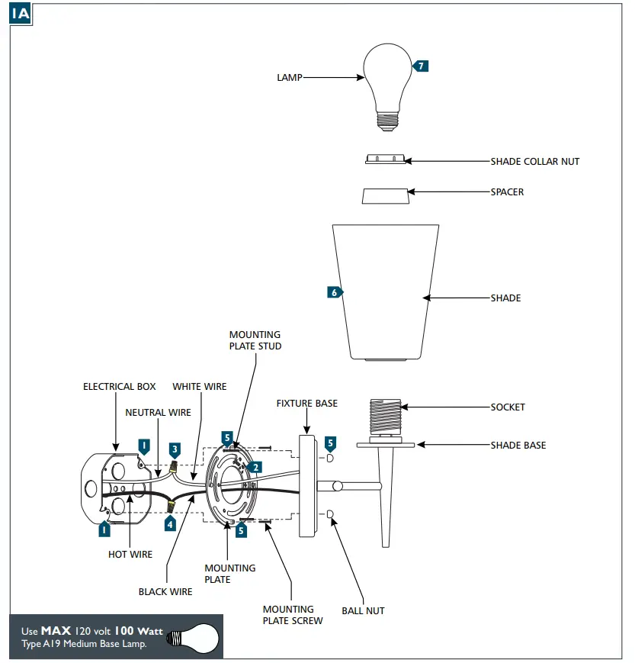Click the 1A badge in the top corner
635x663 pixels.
click(x=21, y=14)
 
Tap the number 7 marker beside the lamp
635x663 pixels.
click(x=421, y=66)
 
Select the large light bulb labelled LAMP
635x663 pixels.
click(x=388, y=80)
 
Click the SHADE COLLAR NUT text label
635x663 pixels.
click(x=534, y=162)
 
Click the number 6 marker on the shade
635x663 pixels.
click(x=334, y=292)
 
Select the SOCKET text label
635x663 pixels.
click(x=508, y=407)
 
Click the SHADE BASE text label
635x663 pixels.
click(x=518, y=446)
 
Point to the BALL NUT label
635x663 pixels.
click(x=363, y=611)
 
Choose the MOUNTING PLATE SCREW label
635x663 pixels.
click(x=293, y=615)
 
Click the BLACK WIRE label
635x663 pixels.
click(x=165, y=591)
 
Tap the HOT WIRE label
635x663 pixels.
click(x=130, y=555)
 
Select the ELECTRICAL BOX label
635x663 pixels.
click(x=119, y=387)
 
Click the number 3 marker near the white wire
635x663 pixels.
click(x=175, y=449)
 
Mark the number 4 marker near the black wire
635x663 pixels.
click(x=170, y=524)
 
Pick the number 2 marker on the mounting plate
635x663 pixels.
click(x=257, y=467)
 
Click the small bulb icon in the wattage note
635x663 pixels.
click(x=191, y=637)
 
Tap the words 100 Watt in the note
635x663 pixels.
click(x=140, y=631)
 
